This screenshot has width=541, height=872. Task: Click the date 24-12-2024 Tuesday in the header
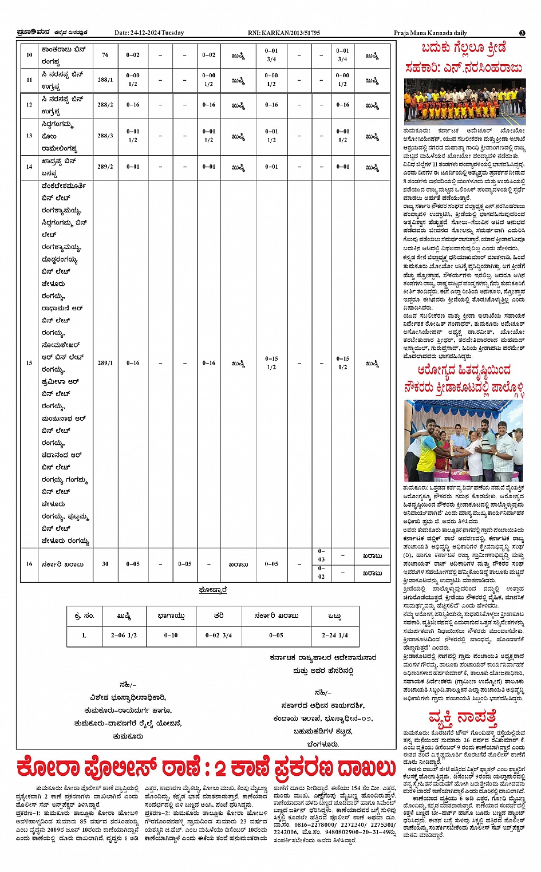(149, 33)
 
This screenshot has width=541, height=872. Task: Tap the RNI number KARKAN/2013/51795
(284, 33)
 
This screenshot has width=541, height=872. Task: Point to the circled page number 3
(522, 33)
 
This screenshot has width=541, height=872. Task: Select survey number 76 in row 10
(105, 55)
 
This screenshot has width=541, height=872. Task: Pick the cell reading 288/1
(105, 80)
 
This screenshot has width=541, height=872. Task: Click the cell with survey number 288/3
(105, 136)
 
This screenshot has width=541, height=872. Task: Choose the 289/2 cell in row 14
(105, 167)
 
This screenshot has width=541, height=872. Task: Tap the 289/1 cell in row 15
(105, 362)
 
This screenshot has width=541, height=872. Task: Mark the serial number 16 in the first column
(29, 564)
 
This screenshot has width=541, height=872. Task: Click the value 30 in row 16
(105, 564)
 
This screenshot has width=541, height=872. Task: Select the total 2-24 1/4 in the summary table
(335, 635)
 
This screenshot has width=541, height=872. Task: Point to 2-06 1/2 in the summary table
(124, 635)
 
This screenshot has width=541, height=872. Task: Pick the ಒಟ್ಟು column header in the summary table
(335, 616)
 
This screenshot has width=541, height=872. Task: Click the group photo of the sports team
(464, 102)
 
